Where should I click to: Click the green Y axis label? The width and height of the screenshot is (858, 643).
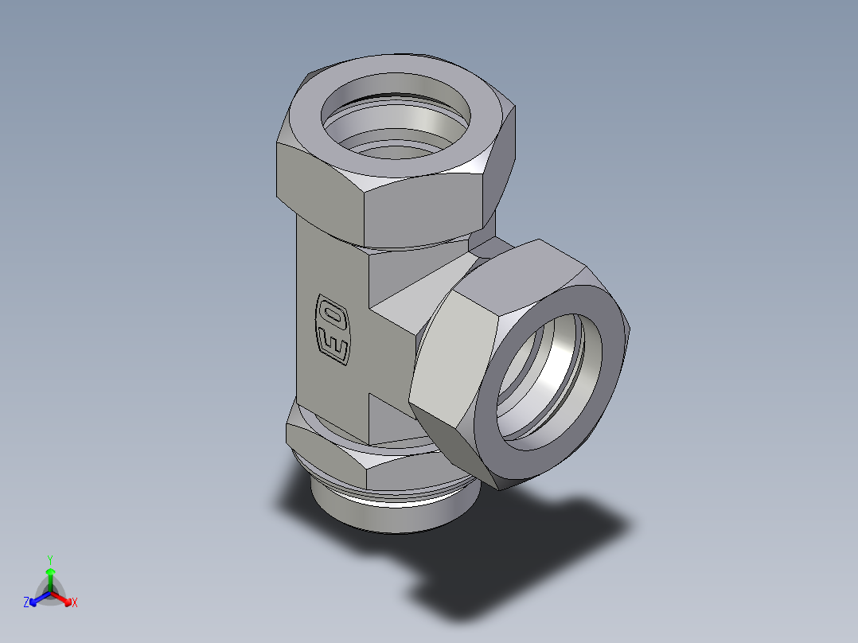(x=49, y=559)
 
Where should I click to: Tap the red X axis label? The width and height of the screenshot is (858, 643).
(x=74, y=603)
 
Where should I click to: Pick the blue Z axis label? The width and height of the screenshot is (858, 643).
(x=26, y=603)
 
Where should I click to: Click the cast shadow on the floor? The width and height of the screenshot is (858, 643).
(x=509, y=557)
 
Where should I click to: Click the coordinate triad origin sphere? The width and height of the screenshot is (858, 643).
(x=50, y=594)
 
